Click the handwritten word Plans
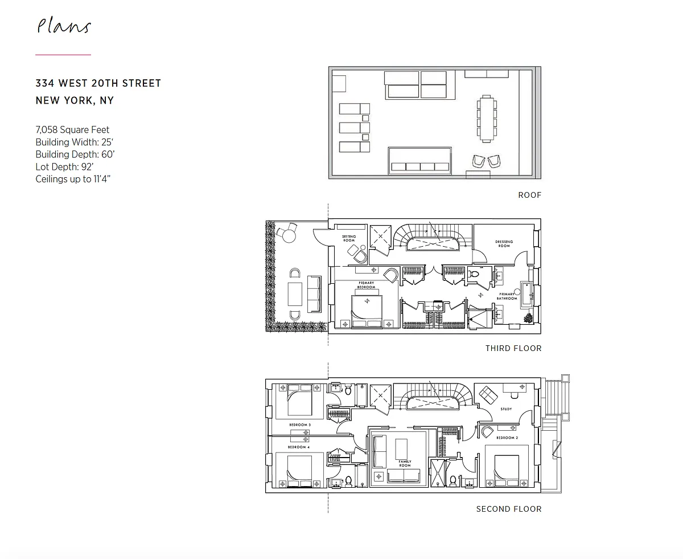click(64, 27)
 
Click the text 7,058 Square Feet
click(72, 130)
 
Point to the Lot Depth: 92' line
click(64, 167)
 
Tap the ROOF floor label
click(529, 195)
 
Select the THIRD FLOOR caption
click(513, 348)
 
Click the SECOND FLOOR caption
click(508, 509)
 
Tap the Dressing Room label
click(504, 244)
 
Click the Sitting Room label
click(348, 238)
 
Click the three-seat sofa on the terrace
click(314, 294)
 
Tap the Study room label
click(506, 409)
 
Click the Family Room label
click(405, 464)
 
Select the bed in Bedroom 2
click(509, 471)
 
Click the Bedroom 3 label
click(299, 425)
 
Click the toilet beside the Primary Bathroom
click(475, 275)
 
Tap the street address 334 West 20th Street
click(98, 83)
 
